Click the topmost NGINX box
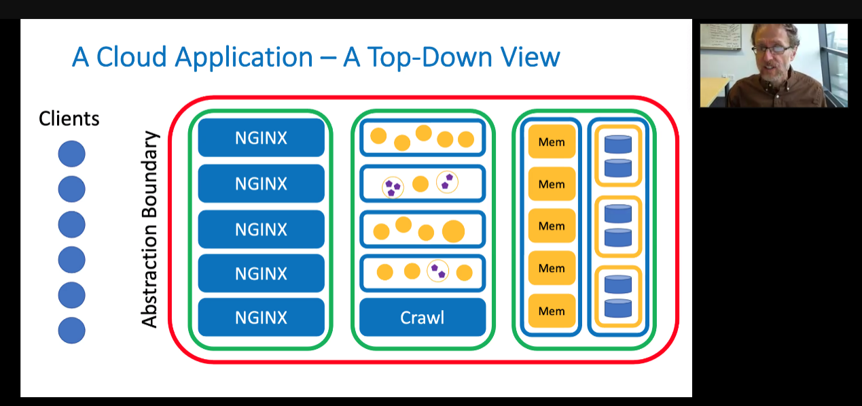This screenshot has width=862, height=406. click(x=261, y=137)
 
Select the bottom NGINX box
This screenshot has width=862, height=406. click(x=261, y=317)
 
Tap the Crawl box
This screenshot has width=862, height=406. click(x=423, y=317)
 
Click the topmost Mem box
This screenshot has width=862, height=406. click(x=552, y=141)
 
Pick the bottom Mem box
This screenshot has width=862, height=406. click(x=552, y=311)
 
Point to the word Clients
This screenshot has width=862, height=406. click(x=69, y=118)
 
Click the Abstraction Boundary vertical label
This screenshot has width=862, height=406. click(x=149, y=229)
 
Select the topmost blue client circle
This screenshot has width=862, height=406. click(x=71, y=154)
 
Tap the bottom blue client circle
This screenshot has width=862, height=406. click(x=71, y=330)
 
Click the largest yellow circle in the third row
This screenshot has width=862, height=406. click(x=453, y=231)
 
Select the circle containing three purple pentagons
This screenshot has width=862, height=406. click(x=393, y=188)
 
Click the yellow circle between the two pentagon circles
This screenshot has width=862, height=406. click(x=420, y=184)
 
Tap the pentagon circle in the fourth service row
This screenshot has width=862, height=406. click(x=438, y=271)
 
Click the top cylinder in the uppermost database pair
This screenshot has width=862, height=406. click(x=618, y=144)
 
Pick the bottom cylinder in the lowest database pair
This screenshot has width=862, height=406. click(x=618, y=308)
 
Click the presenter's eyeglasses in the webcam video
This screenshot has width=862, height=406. click(x=772, y=50)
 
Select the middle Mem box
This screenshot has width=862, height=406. click(x=552, y=226)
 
